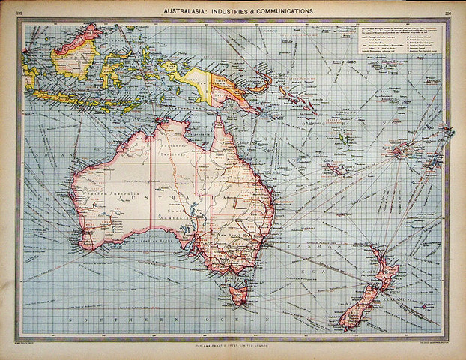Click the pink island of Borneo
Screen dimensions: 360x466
click(75, 56)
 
